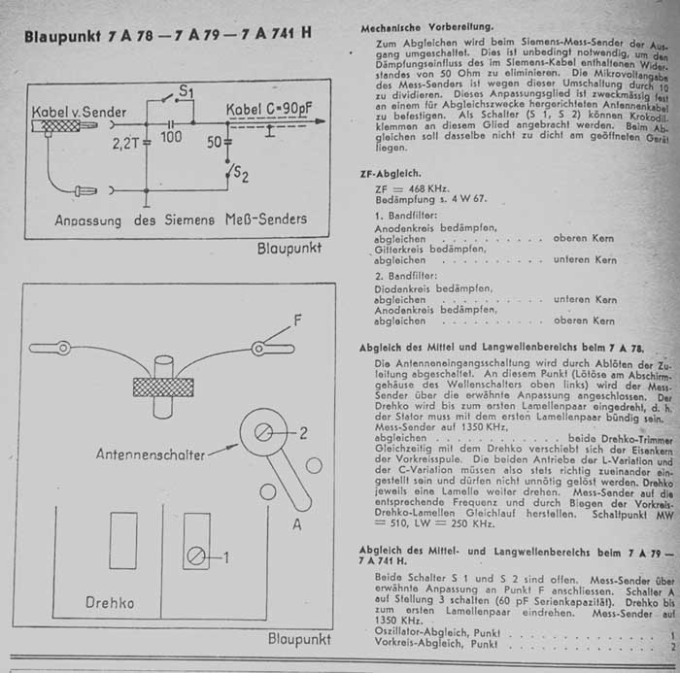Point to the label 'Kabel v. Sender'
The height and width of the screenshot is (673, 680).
[79, 112]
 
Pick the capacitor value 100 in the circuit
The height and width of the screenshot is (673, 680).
[171, 139]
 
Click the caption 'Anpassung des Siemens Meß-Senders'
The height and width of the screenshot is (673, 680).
[181, 219]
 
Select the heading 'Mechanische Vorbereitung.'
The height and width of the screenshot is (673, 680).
[425, 25]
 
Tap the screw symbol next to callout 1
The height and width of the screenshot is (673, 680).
[196, 556]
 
